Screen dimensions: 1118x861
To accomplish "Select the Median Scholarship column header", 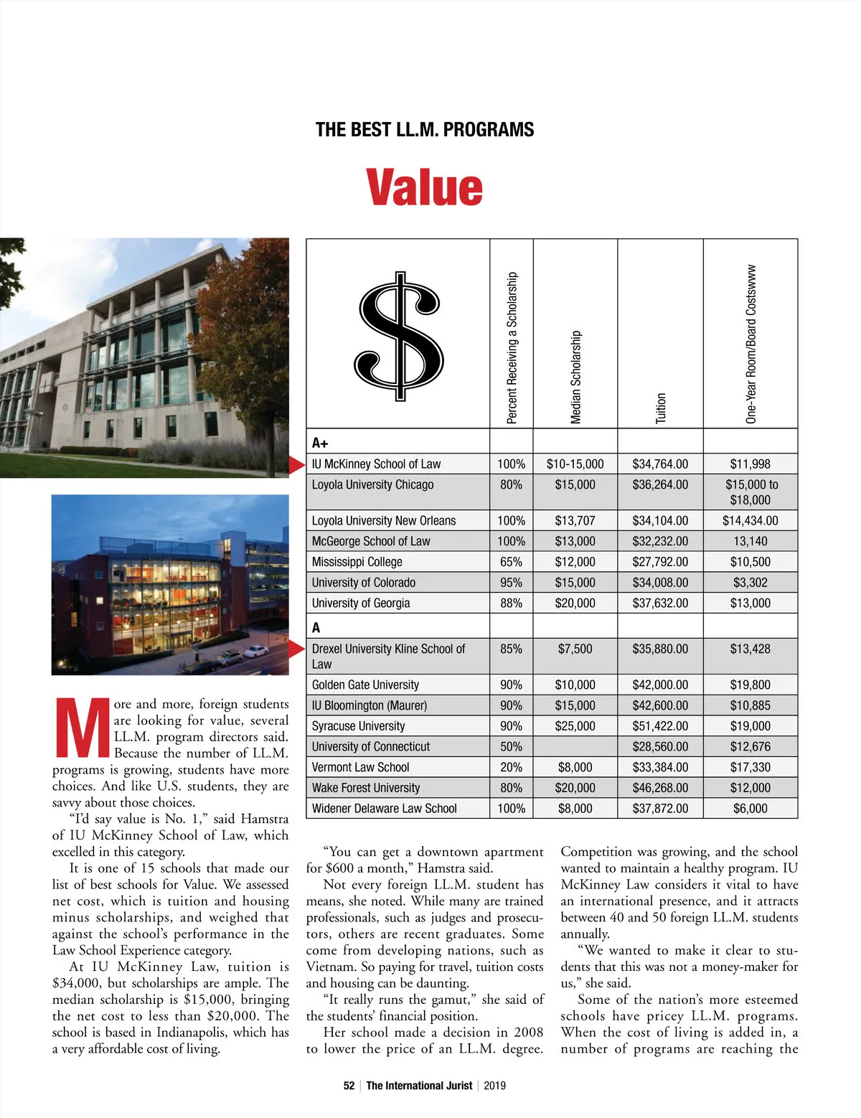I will coord(575,377).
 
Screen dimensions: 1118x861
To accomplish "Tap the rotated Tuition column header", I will coord(661,408).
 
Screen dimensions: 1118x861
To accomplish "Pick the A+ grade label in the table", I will coord(320,443).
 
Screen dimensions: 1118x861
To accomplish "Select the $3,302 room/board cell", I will coord(750,583).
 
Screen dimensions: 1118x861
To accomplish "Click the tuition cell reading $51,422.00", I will coord(660,726).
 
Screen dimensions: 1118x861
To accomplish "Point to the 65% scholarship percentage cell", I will coord(511,562).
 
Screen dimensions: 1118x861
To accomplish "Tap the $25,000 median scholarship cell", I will coord(575,726).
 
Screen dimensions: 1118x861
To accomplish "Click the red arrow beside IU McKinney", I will coord(297,464).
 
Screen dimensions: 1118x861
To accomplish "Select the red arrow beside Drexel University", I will coord(297,649).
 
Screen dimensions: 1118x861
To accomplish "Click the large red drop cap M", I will coord(81,728).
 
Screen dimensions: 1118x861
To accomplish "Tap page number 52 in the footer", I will coord(349,1086).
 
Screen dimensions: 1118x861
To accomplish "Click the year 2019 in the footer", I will coord(494,1086).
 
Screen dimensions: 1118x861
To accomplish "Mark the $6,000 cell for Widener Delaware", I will coord(750,809).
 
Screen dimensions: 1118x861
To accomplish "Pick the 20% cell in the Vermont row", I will coord(511,767).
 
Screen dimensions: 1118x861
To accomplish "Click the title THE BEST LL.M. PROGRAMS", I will coord(425,130).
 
